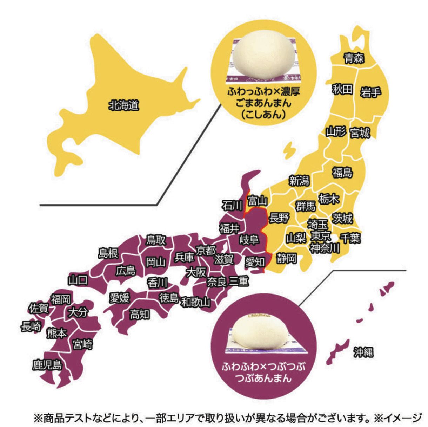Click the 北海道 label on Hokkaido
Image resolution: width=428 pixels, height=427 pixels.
123,105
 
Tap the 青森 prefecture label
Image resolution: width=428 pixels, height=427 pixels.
354,58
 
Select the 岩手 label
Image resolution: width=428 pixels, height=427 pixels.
370,92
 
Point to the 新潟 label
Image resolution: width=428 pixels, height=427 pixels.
299,181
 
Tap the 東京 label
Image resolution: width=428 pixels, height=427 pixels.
321,235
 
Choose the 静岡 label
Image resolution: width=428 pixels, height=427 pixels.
286,259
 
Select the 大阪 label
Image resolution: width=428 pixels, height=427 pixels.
196,272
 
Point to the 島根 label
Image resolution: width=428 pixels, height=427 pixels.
108,253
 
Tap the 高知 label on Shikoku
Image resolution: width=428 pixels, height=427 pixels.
139,314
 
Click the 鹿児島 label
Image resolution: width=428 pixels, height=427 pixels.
47,365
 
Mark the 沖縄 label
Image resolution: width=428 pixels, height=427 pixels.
363,352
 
